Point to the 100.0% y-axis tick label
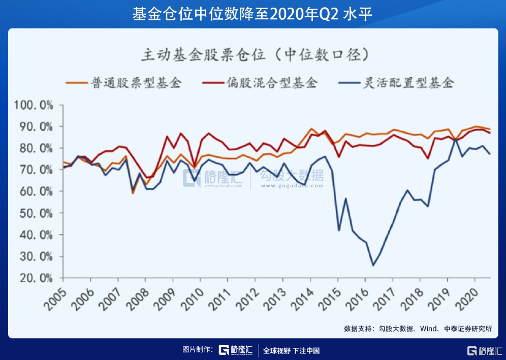pos(34,105)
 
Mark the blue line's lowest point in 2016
pos(373,265)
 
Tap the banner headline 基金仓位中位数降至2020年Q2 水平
pos(253,14)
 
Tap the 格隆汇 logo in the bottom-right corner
pos(485,350)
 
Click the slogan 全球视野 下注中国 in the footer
pos(292,350)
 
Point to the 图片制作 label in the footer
pos(199,350)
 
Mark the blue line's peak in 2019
pos(455,138)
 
